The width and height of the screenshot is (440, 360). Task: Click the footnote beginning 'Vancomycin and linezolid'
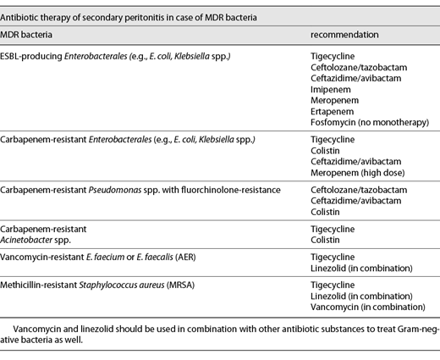click(220, 330)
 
